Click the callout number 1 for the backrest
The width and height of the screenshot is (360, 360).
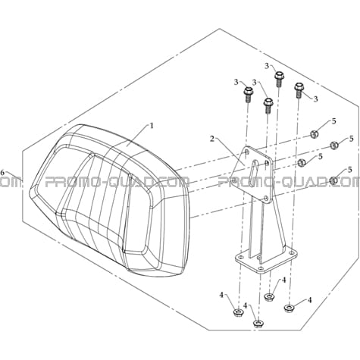pos(152,125)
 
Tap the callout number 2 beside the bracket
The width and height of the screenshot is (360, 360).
pos(212,139)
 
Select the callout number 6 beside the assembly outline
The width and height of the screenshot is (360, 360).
pos(2,173)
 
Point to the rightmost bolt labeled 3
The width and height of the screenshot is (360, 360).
pos(299,90)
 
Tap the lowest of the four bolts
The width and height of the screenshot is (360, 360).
pos(268,105)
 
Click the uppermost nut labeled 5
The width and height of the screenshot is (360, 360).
pos(314,134)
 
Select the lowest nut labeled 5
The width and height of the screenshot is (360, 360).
pos(333,180)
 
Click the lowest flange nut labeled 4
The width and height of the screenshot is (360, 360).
pos(258,324)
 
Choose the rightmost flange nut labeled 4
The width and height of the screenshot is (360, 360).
pos(289,308)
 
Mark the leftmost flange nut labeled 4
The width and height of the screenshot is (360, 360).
pos(237,313)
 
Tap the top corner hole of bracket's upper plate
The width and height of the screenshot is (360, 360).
pos(247,152)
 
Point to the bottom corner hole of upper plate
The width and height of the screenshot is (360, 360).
pos(266,198)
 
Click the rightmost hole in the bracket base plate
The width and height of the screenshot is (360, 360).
pos(293,253)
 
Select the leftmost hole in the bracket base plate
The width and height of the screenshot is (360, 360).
pos(240,257)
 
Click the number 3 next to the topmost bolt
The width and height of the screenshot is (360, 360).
pos(267,67)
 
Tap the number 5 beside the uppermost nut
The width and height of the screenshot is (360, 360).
pos(334,121)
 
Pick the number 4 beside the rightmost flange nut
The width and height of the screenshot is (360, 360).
pos(309,300)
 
